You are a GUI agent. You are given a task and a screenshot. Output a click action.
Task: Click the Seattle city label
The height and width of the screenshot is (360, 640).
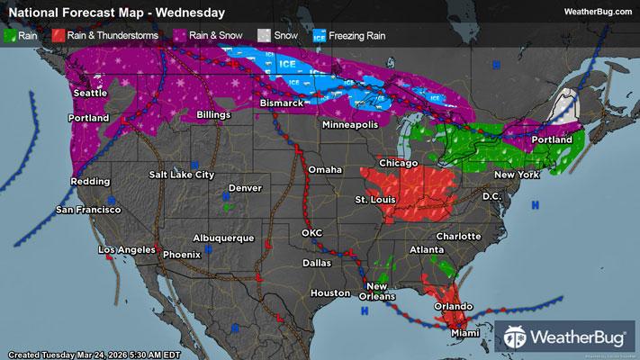tap(89, 94)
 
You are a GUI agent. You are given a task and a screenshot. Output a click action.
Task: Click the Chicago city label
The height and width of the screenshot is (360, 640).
tap(398, 163)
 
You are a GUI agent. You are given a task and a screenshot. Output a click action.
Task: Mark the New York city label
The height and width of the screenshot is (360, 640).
tap(517, 174)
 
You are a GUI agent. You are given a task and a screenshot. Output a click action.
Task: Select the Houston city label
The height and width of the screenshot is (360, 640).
tap(329, 293)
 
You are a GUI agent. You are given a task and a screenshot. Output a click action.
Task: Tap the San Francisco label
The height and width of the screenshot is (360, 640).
tap(88, 210)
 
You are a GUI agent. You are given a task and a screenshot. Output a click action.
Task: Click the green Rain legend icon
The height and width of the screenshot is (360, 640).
tap(12, 35)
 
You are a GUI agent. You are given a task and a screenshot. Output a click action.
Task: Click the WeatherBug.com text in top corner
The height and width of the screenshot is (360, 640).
tap(596, 11)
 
